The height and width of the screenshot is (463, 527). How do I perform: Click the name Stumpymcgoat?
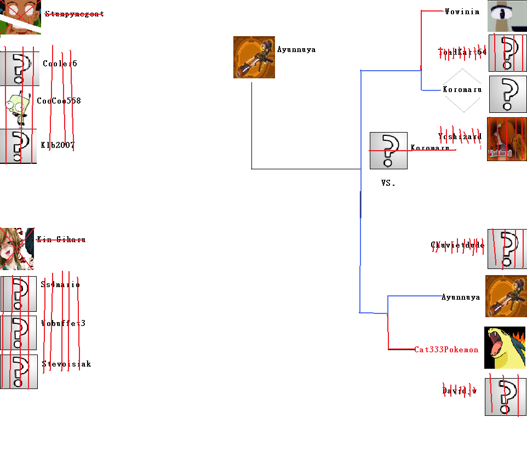(x=74, y=14)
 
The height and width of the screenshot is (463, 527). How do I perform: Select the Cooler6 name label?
(x=60, y=64)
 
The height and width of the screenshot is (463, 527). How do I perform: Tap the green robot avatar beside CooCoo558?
(x=18, y=107)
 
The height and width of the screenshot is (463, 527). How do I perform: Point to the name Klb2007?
(x=58, y=145)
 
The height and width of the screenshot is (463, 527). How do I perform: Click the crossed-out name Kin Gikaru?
(x=61, y=239)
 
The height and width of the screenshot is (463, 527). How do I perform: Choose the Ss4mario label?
(x=60, y=284)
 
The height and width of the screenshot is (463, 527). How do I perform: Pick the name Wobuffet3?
(x=63, y=323)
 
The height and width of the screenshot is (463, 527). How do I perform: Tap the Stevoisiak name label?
(x=66, y=364)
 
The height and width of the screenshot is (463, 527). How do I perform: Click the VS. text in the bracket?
(x=388, y=183)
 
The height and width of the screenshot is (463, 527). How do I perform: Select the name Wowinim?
(x=462, y=11)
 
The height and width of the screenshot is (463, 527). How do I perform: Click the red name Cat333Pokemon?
(x=446, y=350)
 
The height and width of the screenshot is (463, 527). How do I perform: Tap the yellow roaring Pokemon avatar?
(x=505, y=348)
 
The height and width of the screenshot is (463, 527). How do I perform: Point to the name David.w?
(x=459, y=391)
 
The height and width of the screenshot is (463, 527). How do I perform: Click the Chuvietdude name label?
(x=457, y=245)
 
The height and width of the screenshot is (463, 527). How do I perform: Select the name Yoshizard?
(x=460, y=136)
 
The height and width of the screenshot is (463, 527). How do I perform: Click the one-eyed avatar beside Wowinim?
(x=507, y=16)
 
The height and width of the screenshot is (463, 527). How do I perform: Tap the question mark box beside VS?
(x=388, y=150)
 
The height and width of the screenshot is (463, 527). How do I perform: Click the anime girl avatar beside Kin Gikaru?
(x=16, y=249)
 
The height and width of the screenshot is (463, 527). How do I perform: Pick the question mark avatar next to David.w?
(x=505, y=396)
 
